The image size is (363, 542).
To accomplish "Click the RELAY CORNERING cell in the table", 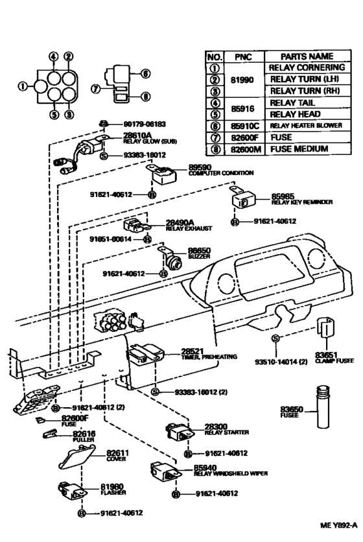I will [307, 67].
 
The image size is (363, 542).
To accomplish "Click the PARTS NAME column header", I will [307, 56].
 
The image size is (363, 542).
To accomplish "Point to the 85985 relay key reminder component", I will [244, 200].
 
